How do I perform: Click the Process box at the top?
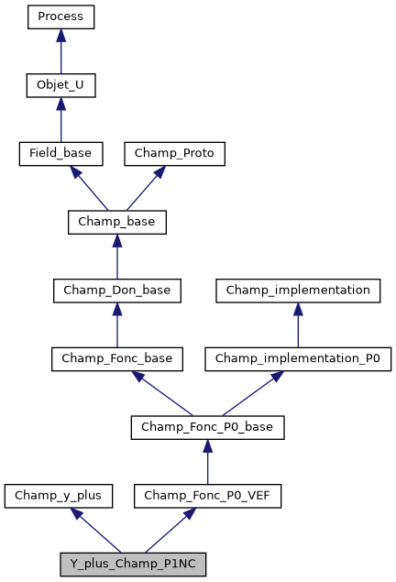click(60, 16)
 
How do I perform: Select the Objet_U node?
click(60, 85)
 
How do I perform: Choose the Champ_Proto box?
click(174, 153)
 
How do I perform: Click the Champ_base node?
click(115, 222)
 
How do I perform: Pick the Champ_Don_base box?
click(115, 291)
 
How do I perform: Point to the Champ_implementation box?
click(298, 291)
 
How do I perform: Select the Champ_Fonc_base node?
click(115, 358)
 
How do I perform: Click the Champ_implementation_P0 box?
click(298, 358)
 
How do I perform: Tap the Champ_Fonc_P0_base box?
click(208, 427)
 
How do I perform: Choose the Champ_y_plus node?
click(59, 496)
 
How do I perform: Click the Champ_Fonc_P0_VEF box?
click(208, 496)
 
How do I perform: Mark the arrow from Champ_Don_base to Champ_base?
click(115, 257)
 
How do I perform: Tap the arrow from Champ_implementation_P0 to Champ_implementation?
click(298, 324)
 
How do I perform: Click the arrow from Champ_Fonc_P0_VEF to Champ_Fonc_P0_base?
click(208, 462)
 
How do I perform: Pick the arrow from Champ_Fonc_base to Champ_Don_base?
click(115, 324)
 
